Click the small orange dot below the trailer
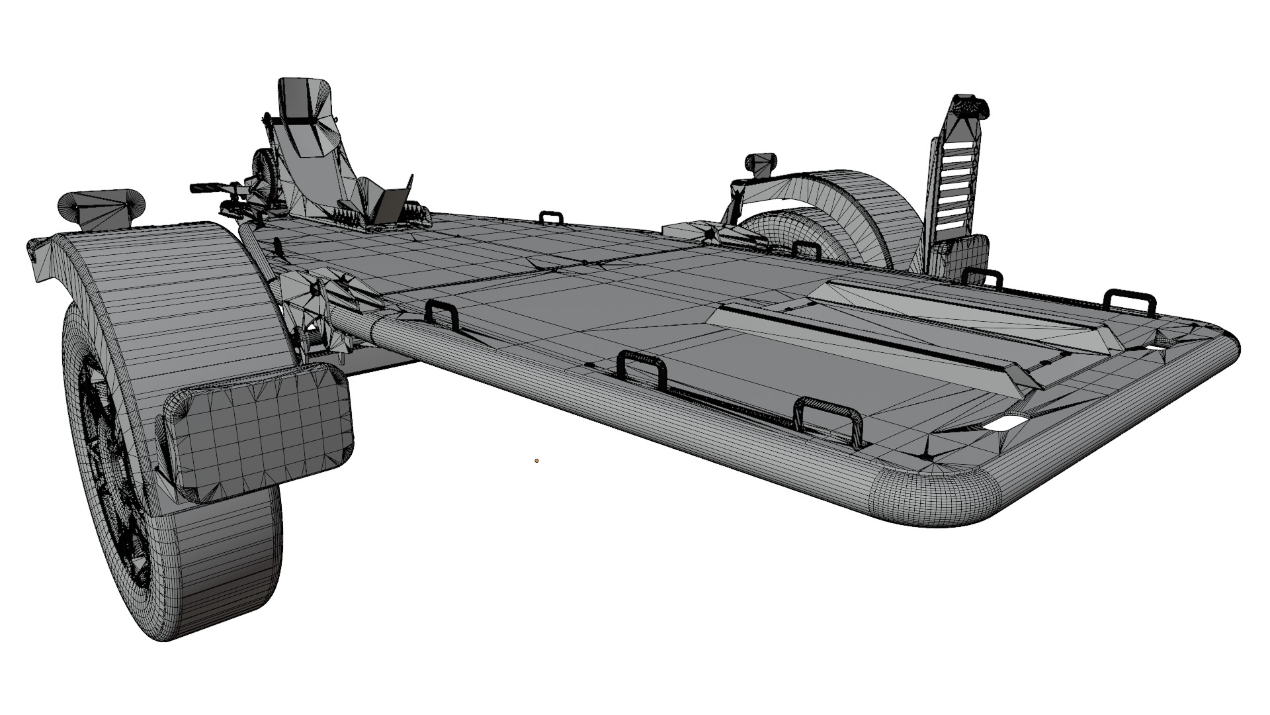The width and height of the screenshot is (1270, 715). click(536, 460)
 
